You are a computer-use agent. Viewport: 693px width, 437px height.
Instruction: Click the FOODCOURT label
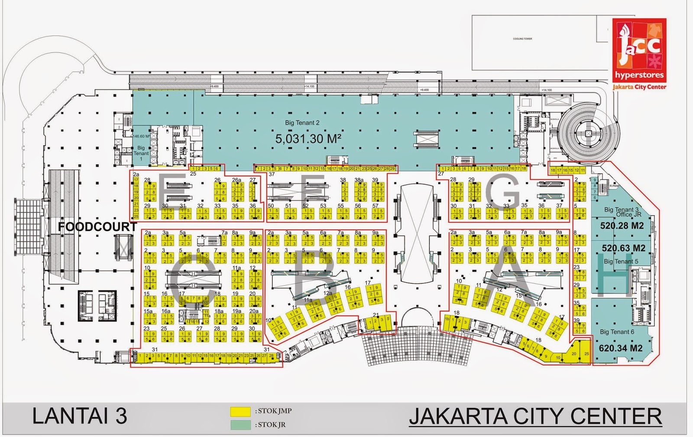[97, 227]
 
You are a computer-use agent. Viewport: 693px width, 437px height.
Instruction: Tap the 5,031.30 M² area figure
[308, 139]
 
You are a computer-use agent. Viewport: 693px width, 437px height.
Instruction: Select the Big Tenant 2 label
[302, 123]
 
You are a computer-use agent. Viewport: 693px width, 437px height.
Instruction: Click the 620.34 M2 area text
[620, 348]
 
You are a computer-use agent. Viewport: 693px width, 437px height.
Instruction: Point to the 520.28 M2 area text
[622, 226]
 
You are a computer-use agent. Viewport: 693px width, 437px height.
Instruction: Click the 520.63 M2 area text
[623, 248]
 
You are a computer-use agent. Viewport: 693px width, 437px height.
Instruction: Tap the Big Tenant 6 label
[617, 332]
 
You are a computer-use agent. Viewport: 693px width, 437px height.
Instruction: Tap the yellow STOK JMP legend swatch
[240, 411]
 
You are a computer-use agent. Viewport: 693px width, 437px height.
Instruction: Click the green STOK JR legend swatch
[240, 425]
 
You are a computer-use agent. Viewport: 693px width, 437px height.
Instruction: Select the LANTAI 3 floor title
[80, 416]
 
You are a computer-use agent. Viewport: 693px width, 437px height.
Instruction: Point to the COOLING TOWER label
[522, 39]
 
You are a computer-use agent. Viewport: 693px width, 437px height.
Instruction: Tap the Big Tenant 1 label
[141, 153]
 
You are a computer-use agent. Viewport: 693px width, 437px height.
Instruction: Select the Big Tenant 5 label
[620, 262]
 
